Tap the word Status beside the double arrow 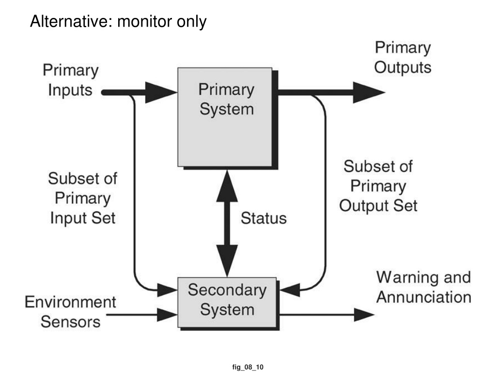[x=263, y=218]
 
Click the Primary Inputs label [x=71, y=80]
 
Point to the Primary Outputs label [x=403, y=58]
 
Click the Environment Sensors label [x=70, y=312]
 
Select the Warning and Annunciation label [x=423, y=287]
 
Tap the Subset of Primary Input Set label [x=82, y=198]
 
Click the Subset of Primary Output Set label [x=378, y=186]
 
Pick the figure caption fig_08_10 [x=248, y=367]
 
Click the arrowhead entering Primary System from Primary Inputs [x=161, y=93]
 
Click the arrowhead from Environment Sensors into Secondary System [x=167, y=315]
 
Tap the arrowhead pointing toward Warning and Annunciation [x=364, y=315]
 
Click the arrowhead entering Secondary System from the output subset [x=290, y=290]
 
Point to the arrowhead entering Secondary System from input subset [x=167, y=290]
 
